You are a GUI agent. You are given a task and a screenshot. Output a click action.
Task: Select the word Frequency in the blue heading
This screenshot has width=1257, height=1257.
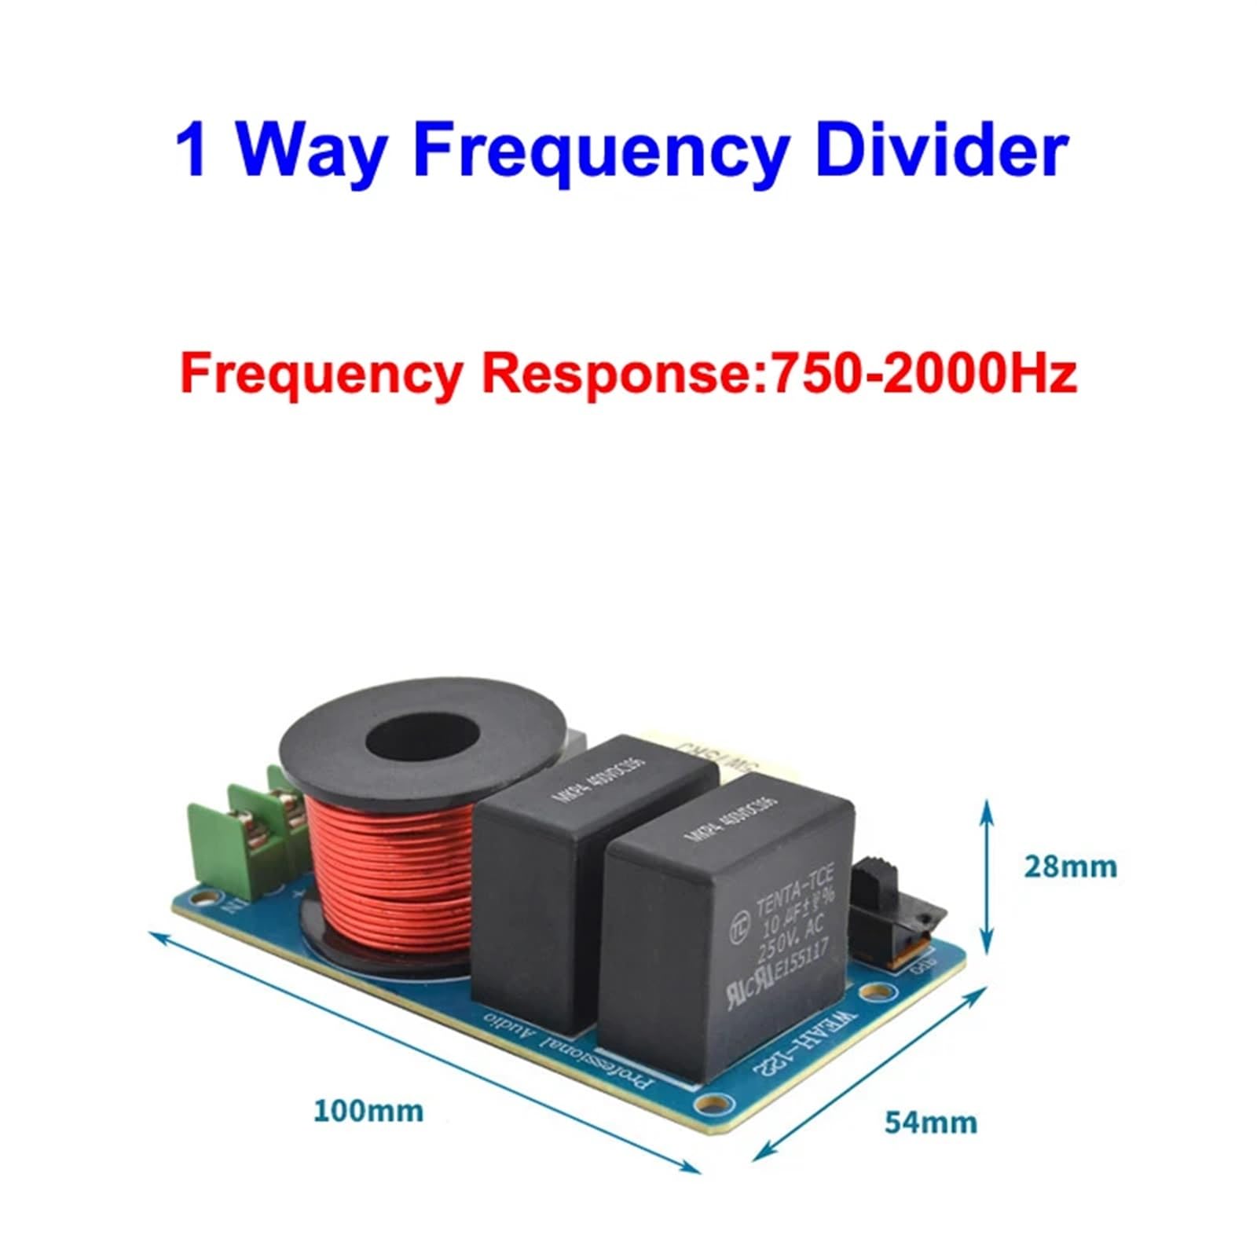coord(601,151)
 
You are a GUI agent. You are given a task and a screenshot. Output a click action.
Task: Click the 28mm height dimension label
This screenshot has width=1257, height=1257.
coord(1070,867)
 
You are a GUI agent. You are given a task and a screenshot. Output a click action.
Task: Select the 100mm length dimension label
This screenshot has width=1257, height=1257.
coord(368,1111)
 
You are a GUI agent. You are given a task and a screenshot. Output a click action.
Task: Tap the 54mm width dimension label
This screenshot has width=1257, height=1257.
coord(931,1122)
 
